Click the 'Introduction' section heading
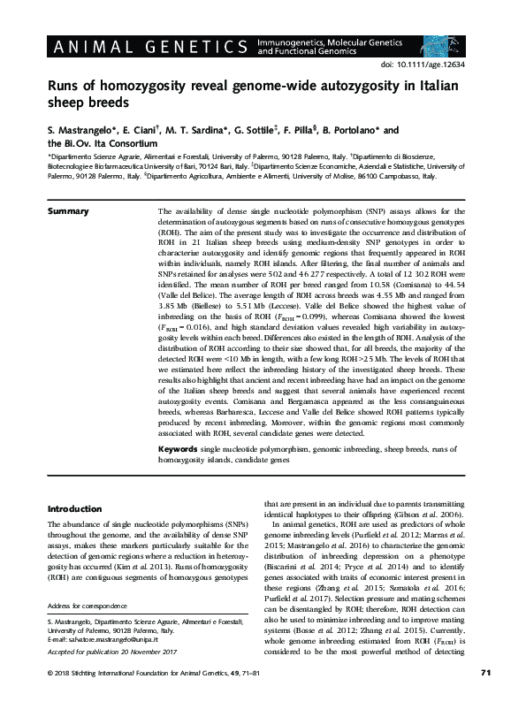pyautogui.click(x=73, y=509)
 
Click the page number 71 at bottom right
pyautogui.click(x=485, y=699)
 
